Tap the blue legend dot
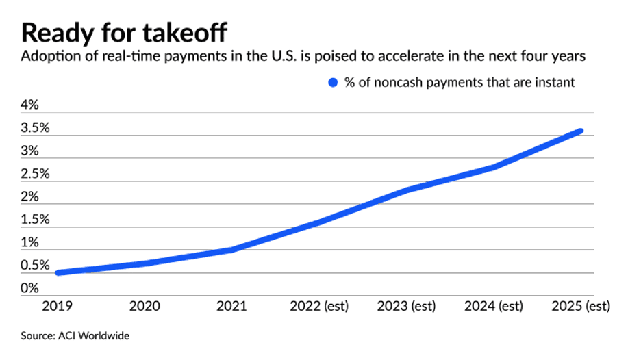pyautogui.click(x=334, y=83)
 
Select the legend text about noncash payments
pyautogui.click(x=460, y=83)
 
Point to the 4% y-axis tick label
pyautogui.click(x=30, y=105)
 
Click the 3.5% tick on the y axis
pyautogui.click(x=35, y=128)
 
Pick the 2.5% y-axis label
pyautogui.click(x=35, y=174)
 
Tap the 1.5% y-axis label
pyautogui.click(x=35, y=220)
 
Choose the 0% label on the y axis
pyautogui.click(x=30, y=288)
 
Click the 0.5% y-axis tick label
pyautogui.click(x=35, y=266)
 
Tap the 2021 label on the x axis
pyautogui.click(x=232, y=306)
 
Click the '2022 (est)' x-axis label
pyautogui.click(x=320, y=306)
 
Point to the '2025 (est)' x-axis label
pyautogui.click(x=580, y=306)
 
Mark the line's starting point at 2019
pyautogui.click(x=59, y=272)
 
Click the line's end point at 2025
pyautogui.click(x=581, y=131)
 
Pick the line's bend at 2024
pyautogui.click(x=494, y=167)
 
